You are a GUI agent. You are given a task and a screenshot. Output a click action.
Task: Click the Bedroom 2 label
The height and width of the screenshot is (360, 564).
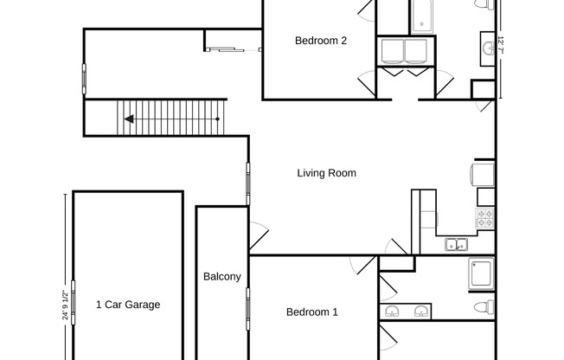tap(320, 41)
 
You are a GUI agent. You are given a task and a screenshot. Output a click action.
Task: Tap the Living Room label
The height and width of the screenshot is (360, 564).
tap(327, 173)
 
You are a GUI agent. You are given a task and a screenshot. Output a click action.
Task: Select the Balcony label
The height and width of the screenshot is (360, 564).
tap(222, 277)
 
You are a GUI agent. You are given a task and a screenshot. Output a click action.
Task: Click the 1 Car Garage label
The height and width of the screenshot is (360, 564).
tap(128, 305)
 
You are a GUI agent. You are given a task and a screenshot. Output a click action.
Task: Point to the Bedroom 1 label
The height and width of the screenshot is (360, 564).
tap(312, 312)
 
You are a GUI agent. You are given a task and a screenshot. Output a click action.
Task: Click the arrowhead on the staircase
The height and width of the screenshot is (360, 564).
tap(129, 119)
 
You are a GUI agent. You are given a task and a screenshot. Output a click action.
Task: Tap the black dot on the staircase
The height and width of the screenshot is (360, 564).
tap(217, 119)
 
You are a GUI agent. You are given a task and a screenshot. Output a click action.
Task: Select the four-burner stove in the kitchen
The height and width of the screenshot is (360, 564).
tap(485, 218)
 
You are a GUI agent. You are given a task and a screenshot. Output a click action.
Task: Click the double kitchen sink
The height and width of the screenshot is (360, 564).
tap(456, 244)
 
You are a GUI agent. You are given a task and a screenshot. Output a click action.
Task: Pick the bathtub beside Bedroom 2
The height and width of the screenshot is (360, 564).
tap(421, 17)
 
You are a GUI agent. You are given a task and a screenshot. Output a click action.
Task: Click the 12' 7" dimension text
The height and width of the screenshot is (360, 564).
tap(500, 45)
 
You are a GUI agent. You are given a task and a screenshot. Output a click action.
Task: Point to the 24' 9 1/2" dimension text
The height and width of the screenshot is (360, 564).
tap(65, 305)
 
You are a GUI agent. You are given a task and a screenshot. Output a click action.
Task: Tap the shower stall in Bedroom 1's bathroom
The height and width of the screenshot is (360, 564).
tap(481, 273)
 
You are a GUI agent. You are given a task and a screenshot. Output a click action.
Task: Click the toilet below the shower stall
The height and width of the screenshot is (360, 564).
tap(484, 307)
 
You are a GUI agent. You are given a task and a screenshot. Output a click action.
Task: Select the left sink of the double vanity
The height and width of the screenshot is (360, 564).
tap(391, 311)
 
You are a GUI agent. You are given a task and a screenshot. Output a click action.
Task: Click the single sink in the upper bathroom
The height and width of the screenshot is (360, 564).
tap(488, 48)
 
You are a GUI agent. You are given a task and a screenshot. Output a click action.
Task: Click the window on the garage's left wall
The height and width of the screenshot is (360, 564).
tap(74, 302)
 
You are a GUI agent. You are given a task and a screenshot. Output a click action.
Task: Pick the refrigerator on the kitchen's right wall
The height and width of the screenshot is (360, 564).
tap(483, 175)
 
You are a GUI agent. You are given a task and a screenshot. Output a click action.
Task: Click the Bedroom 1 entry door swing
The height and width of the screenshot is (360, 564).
tap(362, 265)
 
